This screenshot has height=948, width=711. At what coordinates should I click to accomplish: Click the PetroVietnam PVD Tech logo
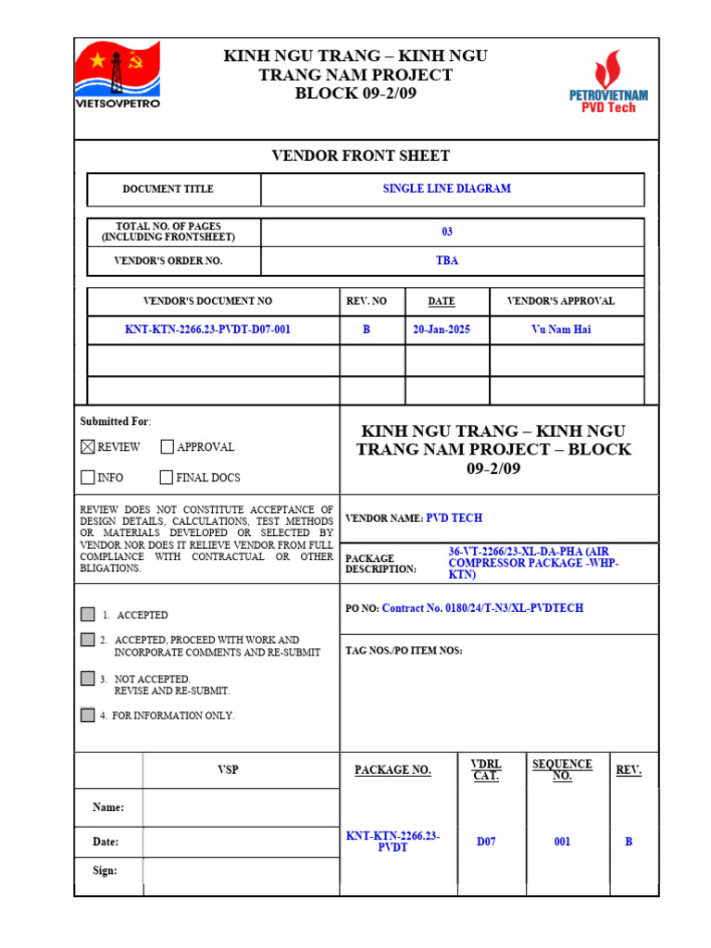point(608,83)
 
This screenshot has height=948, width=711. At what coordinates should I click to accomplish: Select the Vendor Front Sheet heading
point(360,156)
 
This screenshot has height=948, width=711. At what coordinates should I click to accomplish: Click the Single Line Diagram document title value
point(446,189)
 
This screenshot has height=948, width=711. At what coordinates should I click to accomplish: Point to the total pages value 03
point(447,232)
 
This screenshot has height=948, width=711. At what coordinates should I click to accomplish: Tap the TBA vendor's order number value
point(447,261)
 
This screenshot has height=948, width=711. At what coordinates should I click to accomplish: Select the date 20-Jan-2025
point(442,330)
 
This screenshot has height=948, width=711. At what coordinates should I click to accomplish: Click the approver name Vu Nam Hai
point(561,330)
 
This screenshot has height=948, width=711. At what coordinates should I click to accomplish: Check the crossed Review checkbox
point(88,447)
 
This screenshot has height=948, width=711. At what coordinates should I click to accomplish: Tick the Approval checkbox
point(167,447)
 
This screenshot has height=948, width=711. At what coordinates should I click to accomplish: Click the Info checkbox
point(88,478)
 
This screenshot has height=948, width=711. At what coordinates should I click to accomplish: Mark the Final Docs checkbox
point(167,478)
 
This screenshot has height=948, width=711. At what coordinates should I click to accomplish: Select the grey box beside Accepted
point(88,615)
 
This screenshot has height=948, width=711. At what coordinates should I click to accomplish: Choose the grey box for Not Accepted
point(88,679)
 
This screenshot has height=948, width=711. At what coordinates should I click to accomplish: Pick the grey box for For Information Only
point(88,715)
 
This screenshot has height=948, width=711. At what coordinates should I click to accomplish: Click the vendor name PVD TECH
point(454,518)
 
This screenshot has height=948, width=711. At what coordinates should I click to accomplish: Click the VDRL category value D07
point(486,842)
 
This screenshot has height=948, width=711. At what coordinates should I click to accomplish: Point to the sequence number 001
point(562,842)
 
